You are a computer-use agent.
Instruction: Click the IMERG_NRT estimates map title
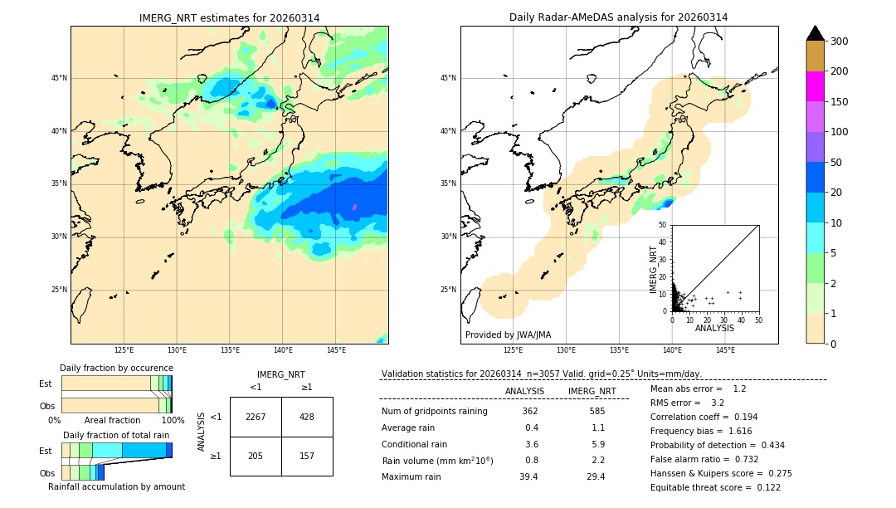click(x=229, y=17)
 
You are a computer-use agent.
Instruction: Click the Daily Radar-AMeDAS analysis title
click(x=618, y=17)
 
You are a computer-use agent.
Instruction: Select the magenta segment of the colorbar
click(x=816, y=86)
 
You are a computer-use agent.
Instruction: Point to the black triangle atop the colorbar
click(x=816, y=33)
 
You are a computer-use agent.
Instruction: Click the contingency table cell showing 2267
click(x=256, y=417)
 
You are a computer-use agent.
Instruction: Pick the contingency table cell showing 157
click(x=307, y=456)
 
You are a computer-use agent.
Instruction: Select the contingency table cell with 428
click(x=307, y=417)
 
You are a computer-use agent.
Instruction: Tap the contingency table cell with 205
click(x=256, y=456)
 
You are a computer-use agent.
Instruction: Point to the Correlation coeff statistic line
click(x=704, y=417)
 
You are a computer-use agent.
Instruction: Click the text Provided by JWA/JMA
click(x=508, y=335)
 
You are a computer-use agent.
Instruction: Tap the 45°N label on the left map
click(x=59, y=78)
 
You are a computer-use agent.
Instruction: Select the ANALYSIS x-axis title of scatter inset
click(x=714, y=328)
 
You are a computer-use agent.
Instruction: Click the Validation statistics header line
click(x=542, y=374)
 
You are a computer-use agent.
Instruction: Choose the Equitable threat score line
click(x=715, y=487)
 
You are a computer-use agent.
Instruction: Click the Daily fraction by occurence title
click(x=116, y=368)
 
